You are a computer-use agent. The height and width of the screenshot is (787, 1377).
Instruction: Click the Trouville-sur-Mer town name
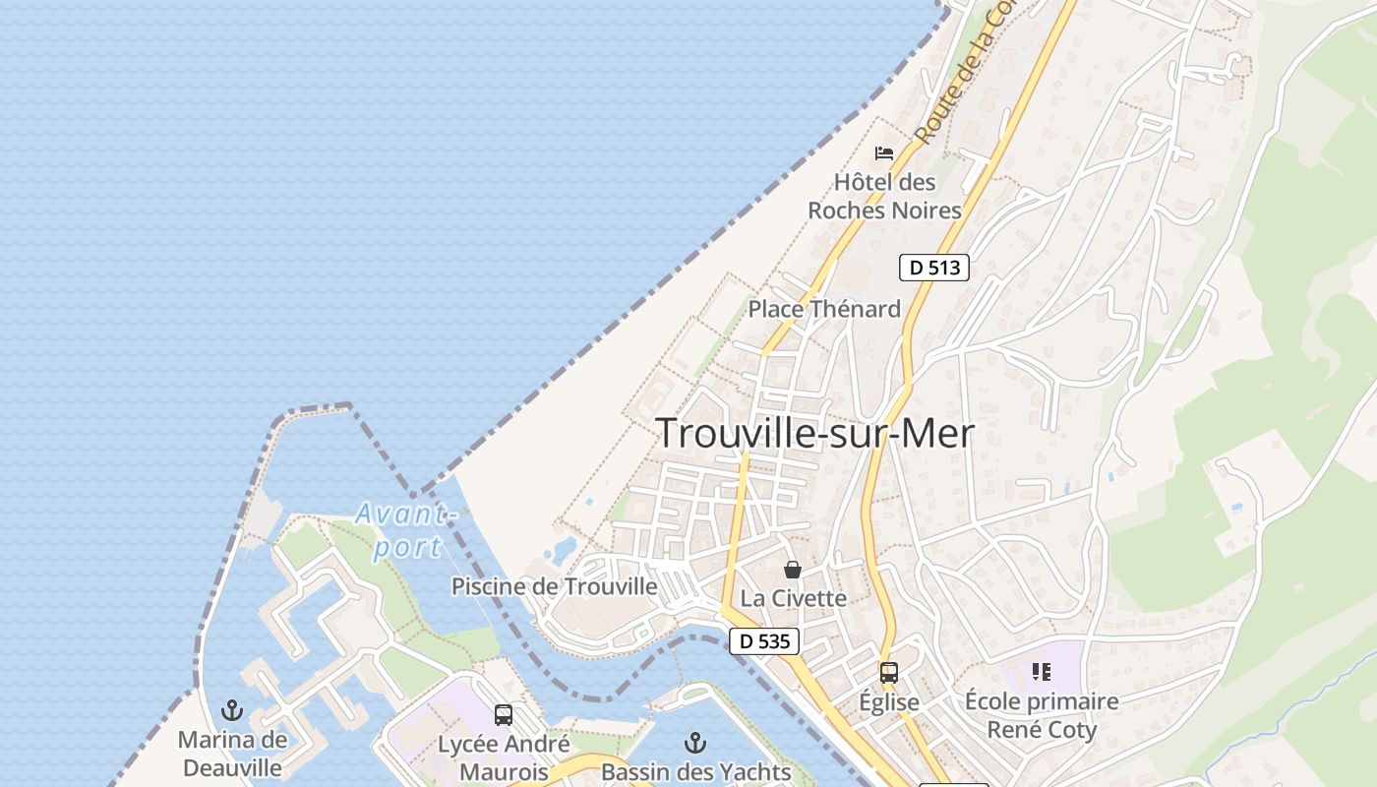click(x=814, y=433)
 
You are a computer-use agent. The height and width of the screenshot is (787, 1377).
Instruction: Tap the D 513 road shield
click(x=933, y=267)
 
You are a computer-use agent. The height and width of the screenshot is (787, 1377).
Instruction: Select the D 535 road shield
click(x=764, y=641)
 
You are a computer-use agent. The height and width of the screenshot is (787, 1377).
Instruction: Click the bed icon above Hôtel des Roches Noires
click(x=884, y=153)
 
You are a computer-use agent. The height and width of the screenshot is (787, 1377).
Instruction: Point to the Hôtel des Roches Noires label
click(x=884, y=196)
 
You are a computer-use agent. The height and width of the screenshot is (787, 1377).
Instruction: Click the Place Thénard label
click(x=824, y=309)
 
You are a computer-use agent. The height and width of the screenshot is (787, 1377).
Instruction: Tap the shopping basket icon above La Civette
click(x=792, y=570)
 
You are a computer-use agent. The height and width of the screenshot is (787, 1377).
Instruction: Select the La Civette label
click(x=793, y=598)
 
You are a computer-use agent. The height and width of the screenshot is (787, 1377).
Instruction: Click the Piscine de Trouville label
click(x=554, y=587)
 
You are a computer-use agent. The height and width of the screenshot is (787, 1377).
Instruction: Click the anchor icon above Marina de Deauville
click(x=232, y=710)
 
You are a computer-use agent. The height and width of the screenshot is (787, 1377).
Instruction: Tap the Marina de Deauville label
click(x=232, y=754)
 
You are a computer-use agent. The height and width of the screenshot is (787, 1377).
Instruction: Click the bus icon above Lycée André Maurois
click(x=504, y=715)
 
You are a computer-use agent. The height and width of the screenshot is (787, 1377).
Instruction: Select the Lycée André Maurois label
click(x=504, y=757)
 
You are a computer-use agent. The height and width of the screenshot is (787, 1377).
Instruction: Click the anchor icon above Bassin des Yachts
click(x=695, y=743)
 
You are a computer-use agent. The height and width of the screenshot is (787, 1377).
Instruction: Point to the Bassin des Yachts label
click(x=695, y=772)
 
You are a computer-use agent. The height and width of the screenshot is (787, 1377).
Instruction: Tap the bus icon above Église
click(x=889, y=673)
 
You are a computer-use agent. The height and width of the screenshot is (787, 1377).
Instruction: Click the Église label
click(x=889, y=702)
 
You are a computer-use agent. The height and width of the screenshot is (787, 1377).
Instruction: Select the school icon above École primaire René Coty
click(x=1042, y=672)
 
